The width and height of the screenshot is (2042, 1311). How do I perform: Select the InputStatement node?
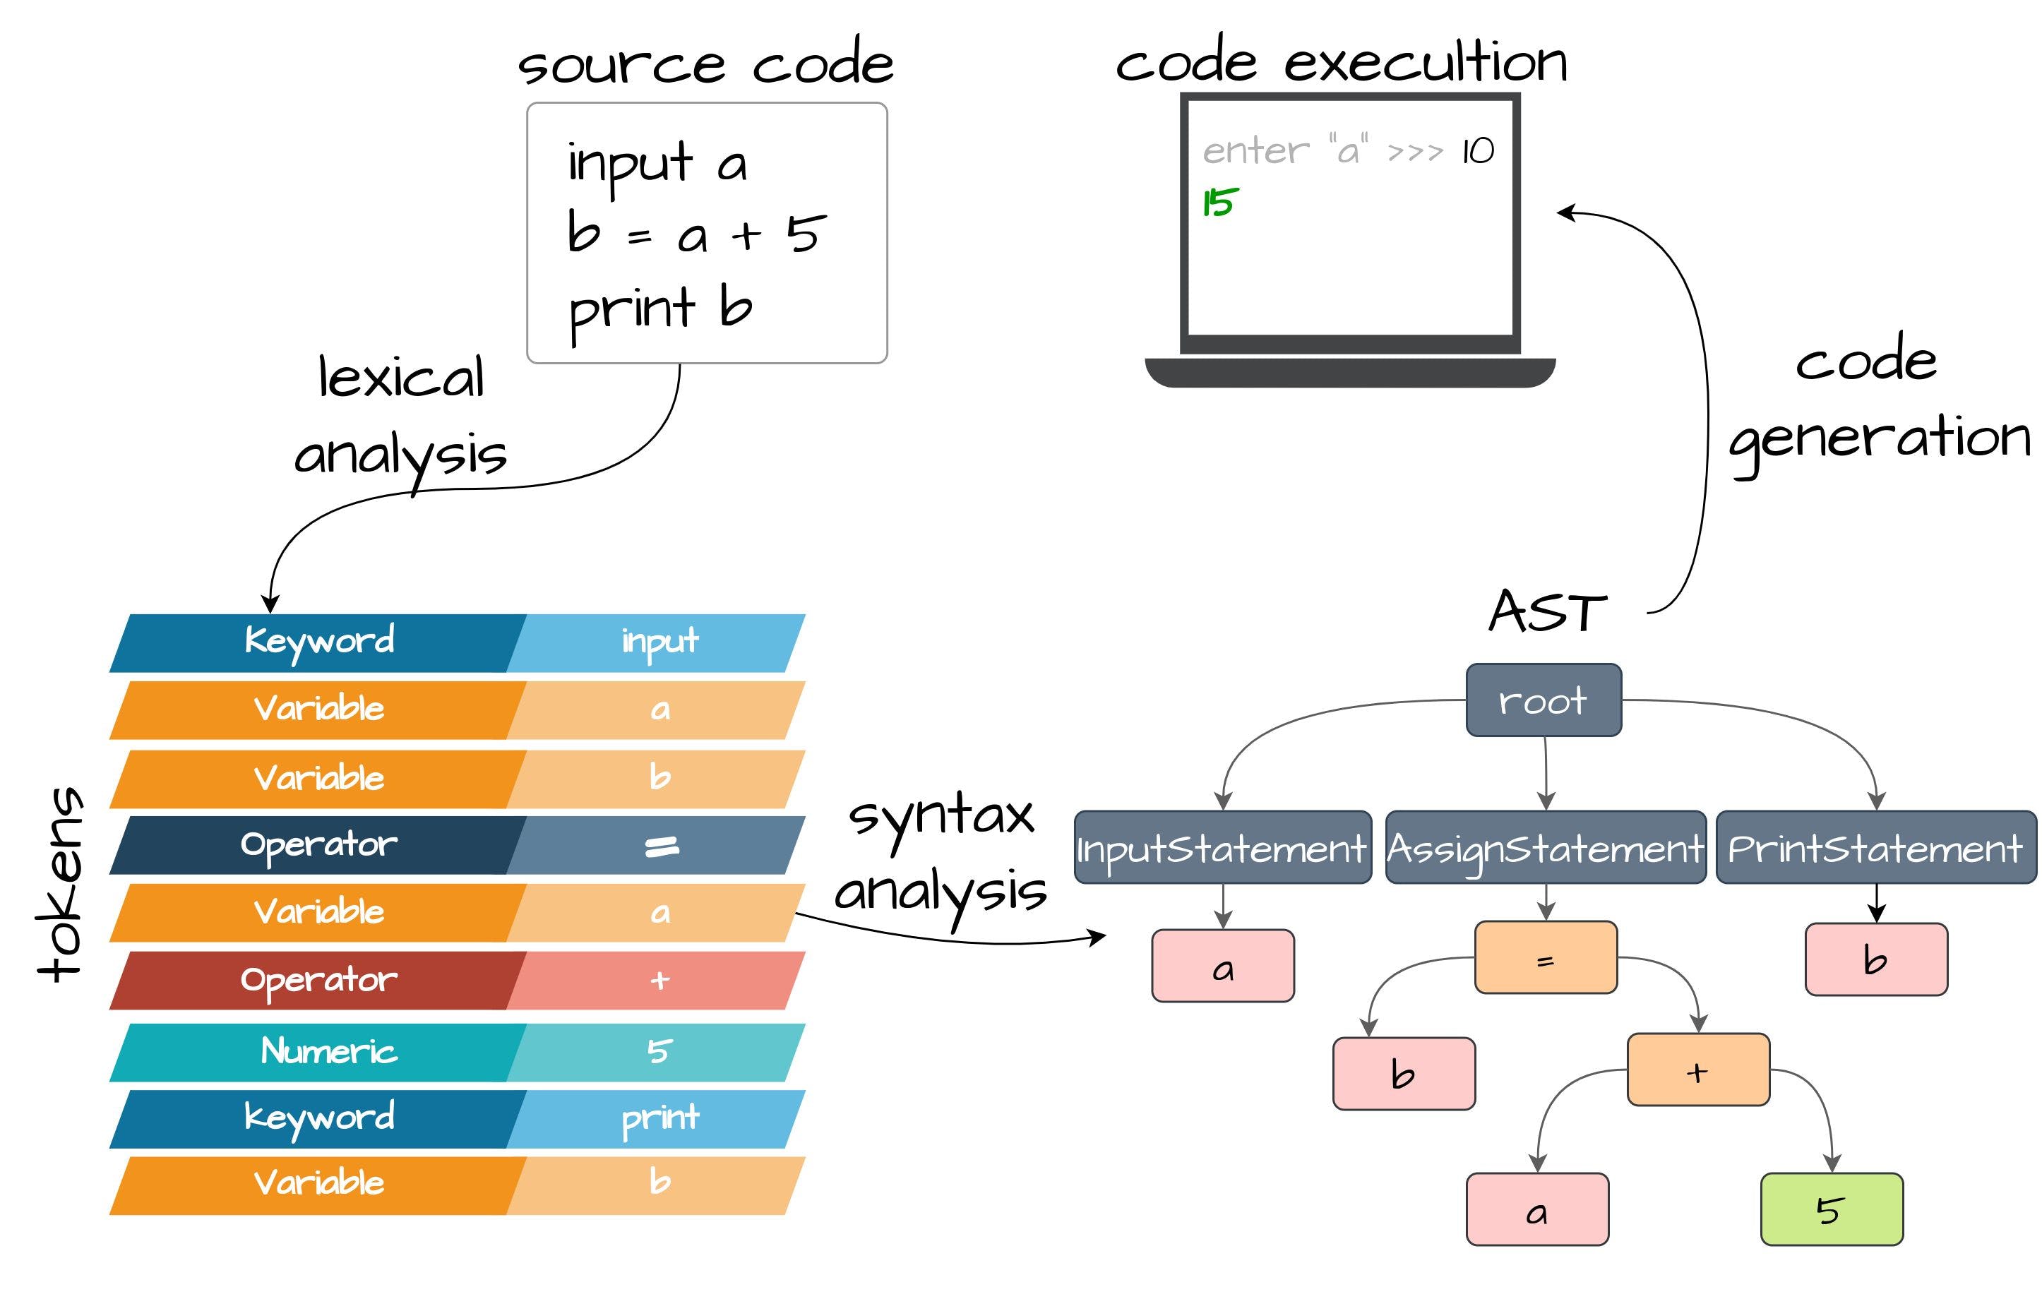click(1222, 848)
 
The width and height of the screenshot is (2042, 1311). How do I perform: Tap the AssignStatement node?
click(1545, 848)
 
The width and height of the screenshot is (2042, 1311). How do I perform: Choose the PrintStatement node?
click(1875, 848)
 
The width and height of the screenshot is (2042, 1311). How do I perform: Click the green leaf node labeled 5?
click(1831, 1209)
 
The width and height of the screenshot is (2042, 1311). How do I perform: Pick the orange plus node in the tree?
click(1697, 1070)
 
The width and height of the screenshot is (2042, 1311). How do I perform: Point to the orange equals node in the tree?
click(1545, 958)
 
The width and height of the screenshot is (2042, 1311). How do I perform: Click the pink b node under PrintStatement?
click(1875, 959)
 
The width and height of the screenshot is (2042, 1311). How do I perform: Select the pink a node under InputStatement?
click(1222, 966)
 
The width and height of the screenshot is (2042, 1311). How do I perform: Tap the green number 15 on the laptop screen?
click(1219, 203)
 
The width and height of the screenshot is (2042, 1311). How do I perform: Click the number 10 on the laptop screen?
click(1478, 152)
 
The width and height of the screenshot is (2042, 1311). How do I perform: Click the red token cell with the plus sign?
click(659, 981)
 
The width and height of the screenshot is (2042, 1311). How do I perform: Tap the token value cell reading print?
click(659, 1118)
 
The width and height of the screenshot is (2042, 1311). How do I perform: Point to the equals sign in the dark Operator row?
click(660, 845)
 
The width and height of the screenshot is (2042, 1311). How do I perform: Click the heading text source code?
click(705, 64)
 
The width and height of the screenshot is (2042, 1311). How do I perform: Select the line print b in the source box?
click(659, 309)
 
